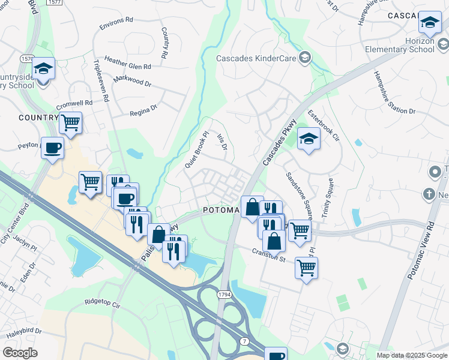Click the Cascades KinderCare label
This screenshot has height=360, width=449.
tap(257, 58)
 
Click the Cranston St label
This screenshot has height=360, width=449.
tap(268, 255)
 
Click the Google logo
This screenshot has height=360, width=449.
tap(20, 353)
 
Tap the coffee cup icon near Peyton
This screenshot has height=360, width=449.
tap(52, 148)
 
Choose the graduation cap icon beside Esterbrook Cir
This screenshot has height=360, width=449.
tap(309, 139)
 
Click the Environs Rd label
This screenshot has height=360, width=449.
tap(117, 20)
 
